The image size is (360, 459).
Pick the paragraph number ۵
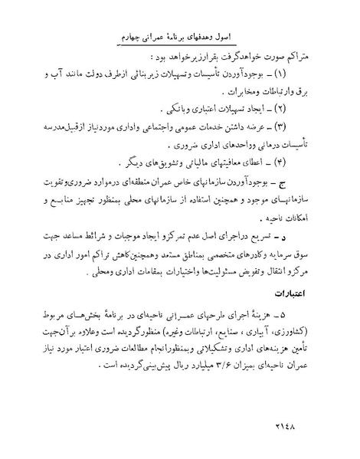click(303, 316)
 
